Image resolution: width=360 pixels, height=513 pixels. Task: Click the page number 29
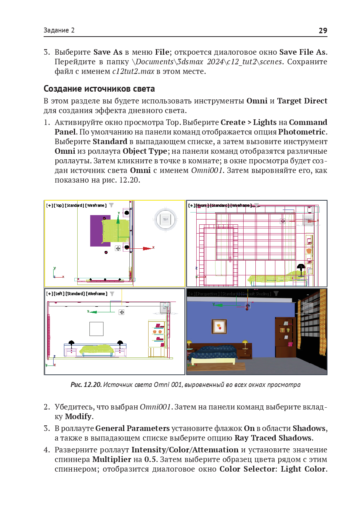coord(323,31)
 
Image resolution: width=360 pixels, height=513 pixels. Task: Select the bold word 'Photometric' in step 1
coord(302,132)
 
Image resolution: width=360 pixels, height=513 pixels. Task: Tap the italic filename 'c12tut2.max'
coord(133,71)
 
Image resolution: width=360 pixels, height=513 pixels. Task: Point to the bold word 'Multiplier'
coord(112,459)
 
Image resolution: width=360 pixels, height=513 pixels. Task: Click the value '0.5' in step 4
coord(150,459)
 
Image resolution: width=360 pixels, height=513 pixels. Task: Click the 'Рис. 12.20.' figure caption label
coord(86,385)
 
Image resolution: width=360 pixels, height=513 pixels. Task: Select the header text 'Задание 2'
coord(59,30)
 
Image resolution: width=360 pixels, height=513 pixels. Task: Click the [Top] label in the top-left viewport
coord(59,205)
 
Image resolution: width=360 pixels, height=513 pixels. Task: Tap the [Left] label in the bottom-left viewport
coord(59,294)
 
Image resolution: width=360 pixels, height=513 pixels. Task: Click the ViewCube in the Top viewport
coord(165,220)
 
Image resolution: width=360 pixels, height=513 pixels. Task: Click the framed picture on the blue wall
coord(219,326)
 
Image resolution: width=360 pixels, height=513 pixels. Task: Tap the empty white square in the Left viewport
coord(96,329)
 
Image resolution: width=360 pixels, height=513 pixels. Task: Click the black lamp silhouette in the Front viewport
coord(301,267)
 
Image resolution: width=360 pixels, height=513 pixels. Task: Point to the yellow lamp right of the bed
coord(245,343)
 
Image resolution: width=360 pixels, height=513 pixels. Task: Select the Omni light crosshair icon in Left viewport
coord(122,312)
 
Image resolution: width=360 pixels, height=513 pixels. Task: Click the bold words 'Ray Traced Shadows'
coord(273,438)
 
